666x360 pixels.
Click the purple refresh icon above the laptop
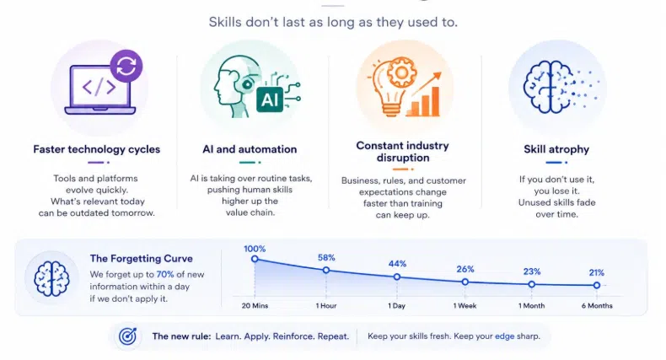pos(126,66)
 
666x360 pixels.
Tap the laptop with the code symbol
pos(99,90)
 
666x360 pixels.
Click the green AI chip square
pos(270,99)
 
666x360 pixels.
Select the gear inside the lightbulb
pos(400,73)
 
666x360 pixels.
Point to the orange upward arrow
pos(427,83)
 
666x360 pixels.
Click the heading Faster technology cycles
pos(97,149)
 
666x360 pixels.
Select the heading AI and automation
pos(250,149)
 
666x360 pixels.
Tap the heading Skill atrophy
pos(556,149)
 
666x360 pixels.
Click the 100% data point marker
pos(255,259)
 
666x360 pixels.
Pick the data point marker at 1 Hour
pos(325,270)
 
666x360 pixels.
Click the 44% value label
pos(397,264)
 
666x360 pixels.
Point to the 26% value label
pos(465,269)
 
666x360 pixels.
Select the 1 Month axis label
pos(531,306)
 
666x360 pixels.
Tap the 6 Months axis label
pos(597,306)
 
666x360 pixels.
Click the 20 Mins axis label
pos(255,306)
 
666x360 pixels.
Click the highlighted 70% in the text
pos(165,275)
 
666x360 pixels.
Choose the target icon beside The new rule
pos(127,336)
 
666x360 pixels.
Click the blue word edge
pos(505,336)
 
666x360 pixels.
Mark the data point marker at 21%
pos(597,285)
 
